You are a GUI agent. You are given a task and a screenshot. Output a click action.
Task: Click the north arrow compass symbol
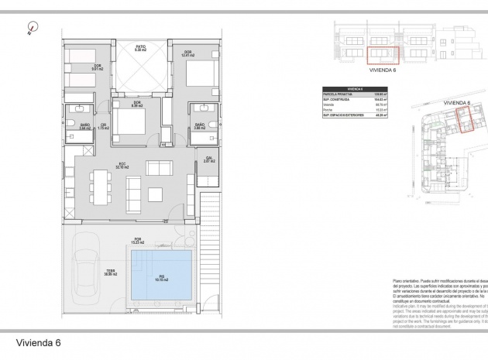coord(31,28)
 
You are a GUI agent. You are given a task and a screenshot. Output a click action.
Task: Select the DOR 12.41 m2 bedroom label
coord(187,53)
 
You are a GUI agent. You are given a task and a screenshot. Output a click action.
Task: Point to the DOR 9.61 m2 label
coord(98,67)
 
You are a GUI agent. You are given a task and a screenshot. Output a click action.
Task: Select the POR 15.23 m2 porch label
coord(137,241)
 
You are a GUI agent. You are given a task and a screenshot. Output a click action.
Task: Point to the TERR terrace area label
coord(111,273)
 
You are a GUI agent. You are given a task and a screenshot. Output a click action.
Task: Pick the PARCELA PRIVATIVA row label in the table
coord(338,94)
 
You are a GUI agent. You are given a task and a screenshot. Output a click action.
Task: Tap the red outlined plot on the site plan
coord(464,121)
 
